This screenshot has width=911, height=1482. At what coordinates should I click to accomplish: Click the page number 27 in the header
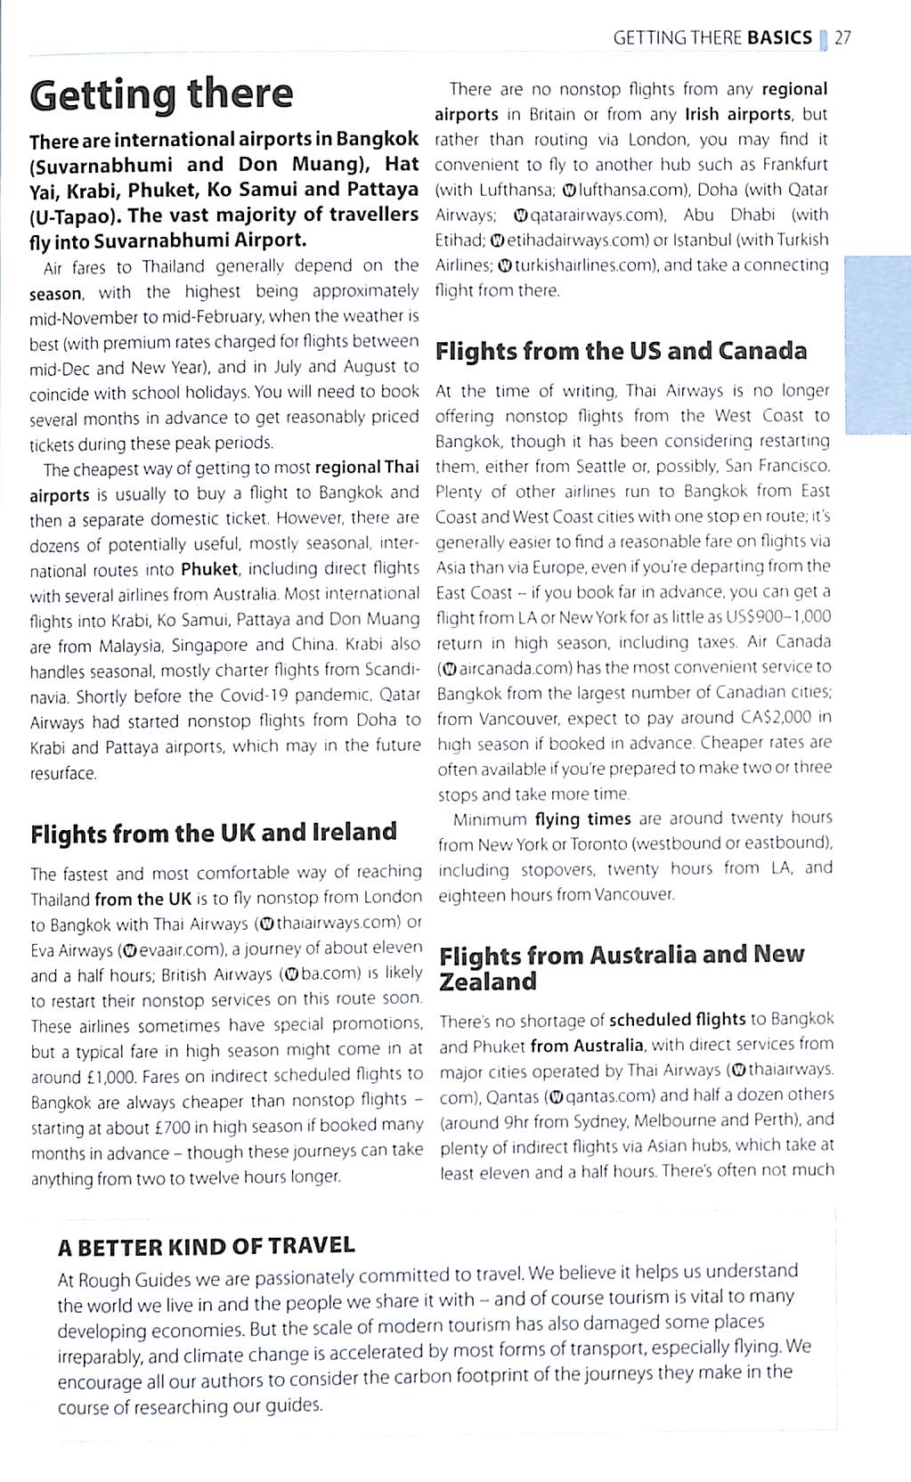pos(842,37)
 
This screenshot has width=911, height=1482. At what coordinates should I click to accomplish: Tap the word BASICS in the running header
pos(780,37)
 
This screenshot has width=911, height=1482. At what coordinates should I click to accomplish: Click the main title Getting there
pos(161,94)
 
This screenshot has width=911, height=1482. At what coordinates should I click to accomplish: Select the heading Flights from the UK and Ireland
pos(214,833)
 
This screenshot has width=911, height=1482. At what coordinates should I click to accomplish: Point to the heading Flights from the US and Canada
pos(621,351)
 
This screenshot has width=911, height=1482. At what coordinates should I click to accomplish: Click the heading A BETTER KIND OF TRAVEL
pos(207,1246)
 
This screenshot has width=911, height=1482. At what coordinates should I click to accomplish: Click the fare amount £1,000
pos(105,1077)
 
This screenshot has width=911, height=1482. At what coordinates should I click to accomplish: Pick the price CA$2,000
pos(776,717)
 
